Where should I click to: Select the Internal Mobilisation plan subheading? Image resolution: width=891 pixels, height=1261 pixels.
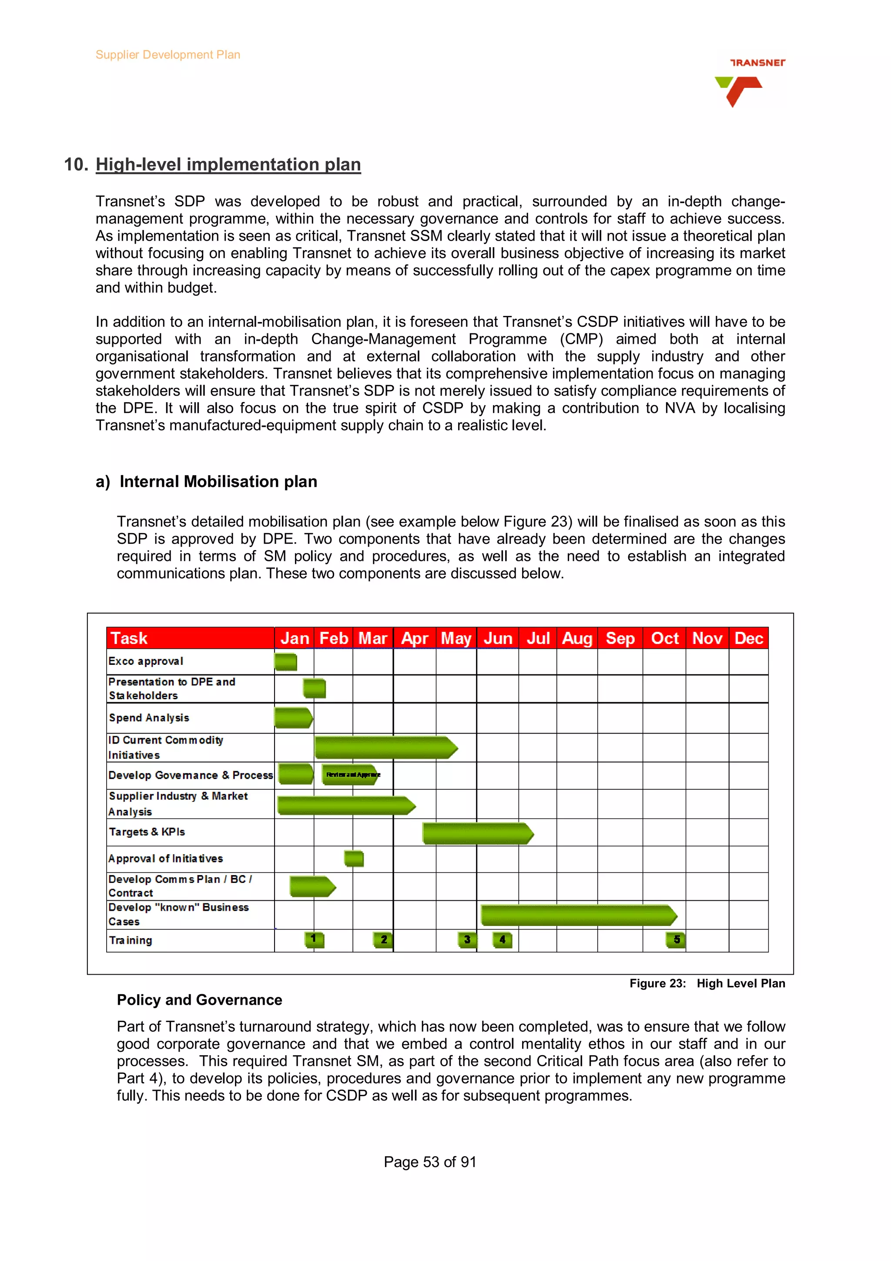[218, 482]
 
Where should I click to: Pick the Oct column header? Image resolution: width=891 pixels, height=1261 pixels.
[664, 638]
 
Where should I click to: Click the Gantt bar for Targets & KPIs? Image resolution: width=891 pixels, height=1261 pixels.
[476, 833]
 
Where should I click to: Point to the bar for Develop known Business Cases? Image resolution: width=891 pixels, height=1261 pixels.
[578, 916]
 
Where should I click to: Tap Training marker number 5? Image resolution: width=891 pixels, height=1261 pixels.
[676, 940]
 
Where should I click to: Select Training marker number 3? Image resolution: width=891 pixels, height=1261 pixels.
[467, 940]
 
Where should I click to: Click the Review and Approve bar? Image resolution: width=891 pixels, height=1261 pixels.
[350, 775]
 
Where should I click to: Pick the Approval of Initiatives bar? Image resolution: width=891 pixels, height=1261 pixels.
[354, 859]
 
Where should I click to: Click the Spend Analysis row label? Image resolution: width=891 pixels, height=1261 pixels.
[149, 718]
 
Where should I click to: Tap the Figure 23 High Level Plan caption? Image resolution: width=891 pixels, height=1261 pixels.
[707, 984]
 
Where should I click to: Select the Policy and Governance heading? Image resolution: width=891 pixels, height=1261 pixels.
[199, 1000]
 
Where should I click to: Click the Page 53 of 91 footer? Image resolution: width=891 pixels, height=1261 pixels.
[430, 1162]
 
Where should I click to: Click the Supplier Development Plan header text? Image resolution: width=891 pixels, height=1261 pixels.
[168, 55]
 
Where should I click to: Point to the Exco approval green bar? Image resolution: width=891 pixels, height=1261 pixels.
[285, 662]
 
